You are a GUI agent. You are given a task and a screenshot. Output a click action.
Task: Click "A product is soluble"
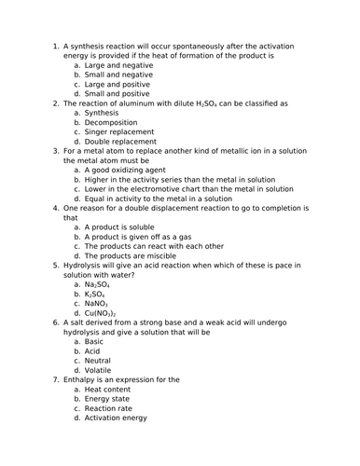pos(125,227)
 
